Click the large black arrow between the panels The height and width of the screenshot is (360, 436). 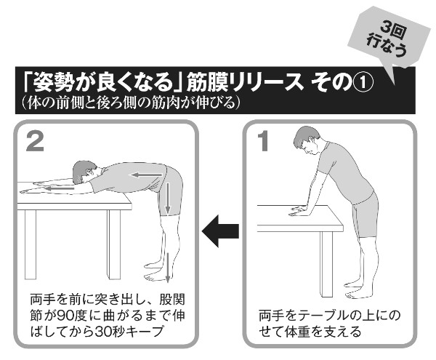pos(220,231)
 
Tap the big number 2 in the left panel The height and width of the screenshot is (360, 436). pos(35,141)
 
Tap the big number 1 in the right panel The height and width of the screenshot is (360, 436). pos(263,141)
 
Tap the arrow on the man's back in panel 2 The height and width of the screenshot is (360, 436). pos(146,175)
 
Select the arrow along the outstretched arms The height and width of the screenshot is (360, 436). pos(60,189)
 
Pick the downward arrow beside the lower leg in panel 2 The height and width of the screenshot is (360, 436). pos(167,267)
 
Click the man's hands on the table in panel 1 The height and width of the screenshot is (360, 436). pos(299,211)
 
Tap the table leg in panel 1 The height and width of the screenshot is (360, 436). pos(326,264)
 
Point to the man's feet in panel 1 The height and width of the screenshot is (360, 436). pos(357,290)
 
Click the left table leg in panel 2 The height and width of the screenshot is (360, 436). pos(31,244)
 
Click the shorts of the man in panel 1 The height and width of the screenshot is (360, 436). pos(365,215)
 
